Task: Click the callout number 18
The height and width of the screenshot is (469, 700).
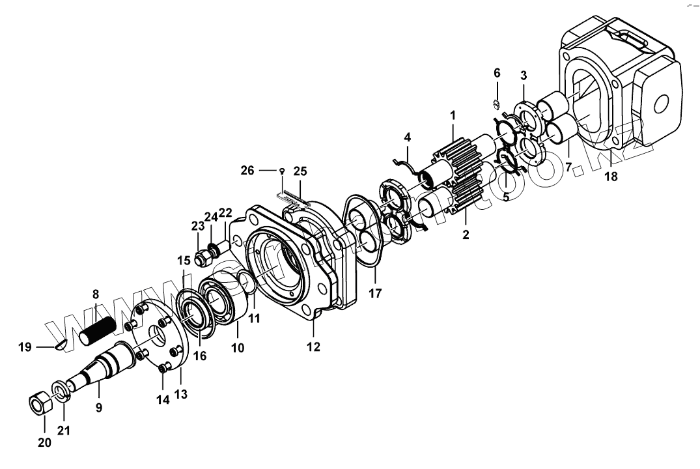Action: click(611, 176)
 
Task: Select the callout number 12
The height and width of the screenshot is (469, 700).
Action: click(314, 347)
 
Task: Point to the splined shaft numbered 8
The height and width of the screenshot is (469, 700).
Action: click(100, 327)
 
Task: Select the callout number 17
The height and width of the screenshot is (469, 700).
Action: click(376, 294)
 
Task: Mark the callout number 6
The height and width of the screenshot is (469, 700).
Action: click(497, 72)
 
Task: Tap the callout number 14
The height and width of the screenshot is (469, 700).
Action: click(163, 401)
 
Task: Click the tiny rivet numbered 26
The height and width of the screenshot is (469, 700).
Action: click(281, 171)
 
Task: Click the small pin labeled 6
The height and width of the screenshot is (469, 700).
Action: click(496, 103)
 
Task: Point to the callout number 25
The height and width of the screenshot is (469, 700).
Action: click(300, 171)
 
